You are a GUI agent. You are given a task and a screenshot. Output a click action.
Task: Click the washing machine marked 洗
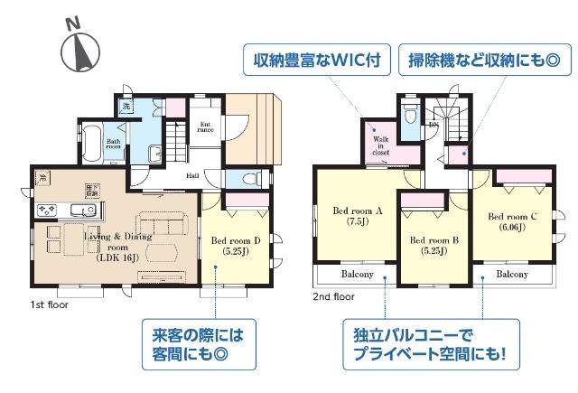pyautogui.click(x=127, y=107)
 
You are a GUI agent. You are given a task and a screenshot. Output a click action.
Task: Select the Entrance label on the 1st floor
pyautogui.click(x=205, y=127)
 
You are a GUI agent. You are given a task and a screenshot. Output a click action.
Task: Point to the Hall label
pyautogui.click(x=194, y=176)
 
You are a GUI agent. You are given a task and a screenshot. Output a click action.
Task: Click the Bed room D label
pyautogui.click(x=236, y=241)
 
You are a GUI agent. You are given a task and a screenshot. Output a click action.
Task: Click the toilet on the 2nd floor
pyautogui.click(x=410, y=117)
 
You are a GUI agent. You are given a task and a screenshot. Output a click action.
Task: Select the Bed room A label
pyautogui.click(x=358, y=211)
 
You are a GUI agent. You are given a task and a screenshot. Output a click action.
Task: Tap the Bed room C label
pyautogui.click(x=512, y=217)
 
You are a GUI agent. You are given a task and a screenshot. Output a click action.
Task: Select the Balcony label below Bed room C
pyautogui.click(x=512, y=274)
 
